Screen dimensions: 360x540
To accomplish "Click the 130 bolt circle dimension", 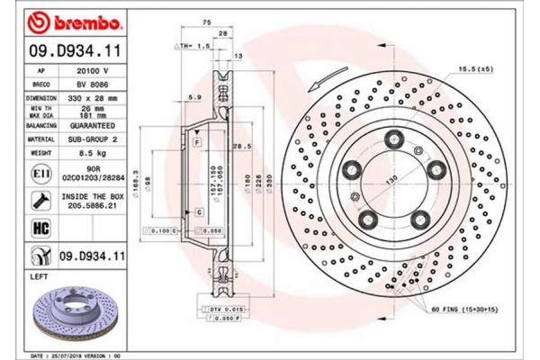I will (392, 179).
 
